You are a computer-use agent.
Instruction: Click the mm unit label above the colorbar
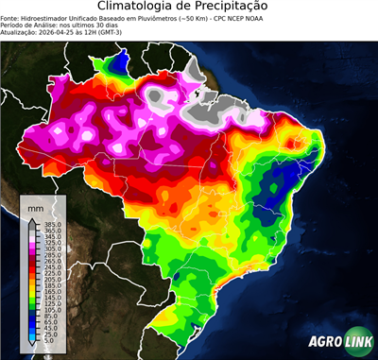tap(35, 206)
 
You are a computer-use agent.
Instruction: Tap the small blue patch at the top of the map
tap(120, 63)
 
